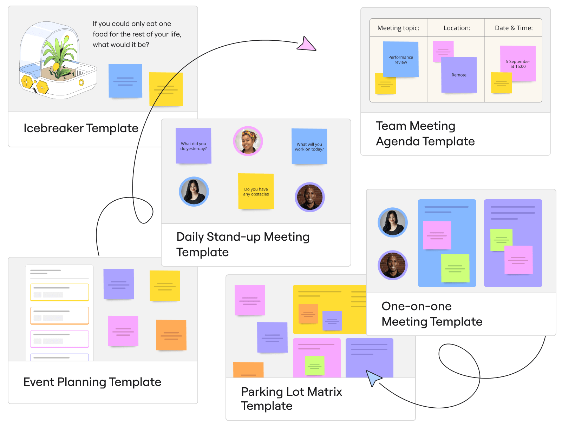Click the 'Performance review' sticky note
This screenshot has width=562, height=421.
pos(400,60)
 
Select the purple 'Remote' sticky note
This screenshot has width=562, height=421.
pos(459,75)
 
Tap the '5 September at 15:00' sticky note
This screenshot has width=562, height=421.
pos(518,64)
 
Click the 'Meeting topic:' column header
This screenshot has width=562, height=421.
pos(398,28)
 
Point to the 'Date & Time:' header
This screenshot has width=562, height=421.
pos(514,28)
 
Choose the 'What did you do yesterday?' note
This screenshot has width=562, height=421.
pos(194,146)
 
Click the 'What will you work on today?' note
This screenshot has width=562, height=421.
pos(309,147)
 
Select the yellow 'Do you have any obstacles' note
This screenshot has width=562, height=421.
pos(256,192)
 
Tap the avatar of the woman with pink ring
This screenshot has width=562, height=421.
pos(248,141)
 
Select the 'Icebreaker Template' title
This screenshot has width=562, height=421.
pos(81,128)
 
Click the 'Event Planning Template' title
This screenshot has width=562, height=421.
pos(92,382)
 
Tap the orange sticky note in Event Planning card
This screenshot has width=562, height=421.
pos(171,335)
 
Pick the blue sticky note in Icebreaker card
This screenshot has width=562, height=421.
pos(125,81)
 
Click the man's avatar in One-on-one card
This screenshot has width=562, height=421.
pos(393,265)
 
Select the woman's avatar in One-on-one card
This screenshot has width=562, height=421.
pos(393,222)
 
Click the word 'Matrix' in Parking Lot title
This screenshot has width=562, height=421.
pos(324,392)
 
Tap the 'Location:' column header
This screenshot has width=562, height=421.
pos(457,28)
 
